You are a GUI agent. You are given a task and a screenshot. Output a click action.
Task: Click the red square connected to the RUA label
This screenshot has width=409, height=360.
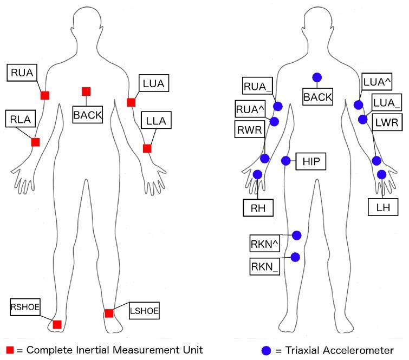click(x=45, y=95)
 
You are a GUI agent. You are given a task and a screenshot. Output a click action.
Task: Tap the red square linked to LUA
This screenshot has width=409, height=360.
click(x=131, y=102)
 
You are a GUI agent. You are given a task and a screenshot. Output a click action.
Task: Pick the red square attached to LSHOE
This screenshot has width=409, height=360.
click(x=109, y=313)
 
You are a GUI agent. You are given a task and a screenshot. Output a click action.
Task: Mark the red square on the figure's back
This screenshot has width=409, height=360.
click(x=86, y=91)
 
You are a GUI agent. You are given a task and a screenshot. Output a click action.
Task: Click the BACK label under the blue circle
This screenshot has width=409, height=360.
click(x=318, y=97)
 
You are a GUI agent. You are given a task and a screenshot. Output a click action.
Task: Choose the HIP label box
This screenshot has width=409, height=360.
click(x=311, y=161)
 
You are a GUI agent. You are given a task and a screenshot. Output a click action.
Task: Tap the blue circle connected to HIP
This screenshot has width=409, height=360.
click(x=286, y=160)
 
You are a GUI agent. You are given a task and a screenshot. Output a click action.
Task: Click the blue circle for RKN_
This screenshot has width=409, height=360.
click(x=295, y=257)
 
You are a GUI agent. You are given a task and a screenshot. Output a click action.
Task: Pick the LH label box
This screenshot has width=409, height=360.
click(x=383, y=207)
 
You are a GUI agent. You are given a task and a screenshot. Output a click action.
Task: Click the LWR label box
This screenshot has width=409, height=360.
click(x=387, y=123)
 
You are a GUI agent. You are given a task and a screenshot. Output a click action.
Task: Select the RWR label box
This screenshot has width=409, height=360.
click(x=249, y=130)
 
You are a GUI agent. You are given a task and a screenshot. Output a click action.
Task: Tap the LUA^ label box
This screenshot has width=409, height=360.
click(x=379, y=82)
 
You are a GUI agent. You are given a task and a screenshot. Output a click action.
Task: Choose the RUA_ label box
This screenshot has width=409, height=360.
click(x=258, y=86)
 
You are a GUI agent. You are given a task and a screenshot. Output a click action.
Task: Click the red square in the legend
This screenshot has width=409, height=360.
click(x=9, y=350)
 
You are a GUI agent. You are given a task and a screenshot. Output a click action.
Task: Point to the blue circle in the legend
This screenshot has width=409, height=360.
click(x=266, y=350)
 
